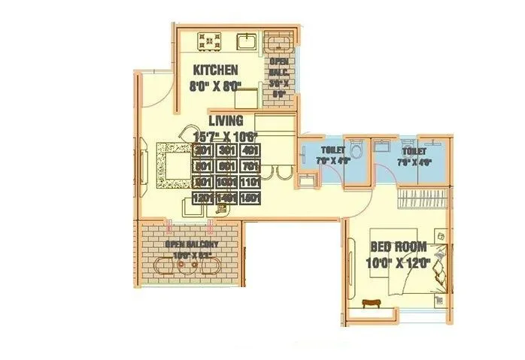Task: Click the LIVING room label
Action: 226,121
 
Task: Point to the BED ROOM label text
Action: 399,247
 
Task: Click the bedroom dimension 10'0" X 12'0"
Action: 399,262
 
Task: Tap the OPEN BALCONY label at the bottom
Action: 192,245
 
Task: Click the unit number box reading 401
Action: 250,150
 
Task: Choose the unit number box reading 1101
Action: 250,183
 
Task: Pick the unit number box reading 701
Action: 250,166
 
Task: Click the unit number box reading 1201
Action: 202,198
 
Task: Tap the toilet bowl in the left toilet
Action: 357,149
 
